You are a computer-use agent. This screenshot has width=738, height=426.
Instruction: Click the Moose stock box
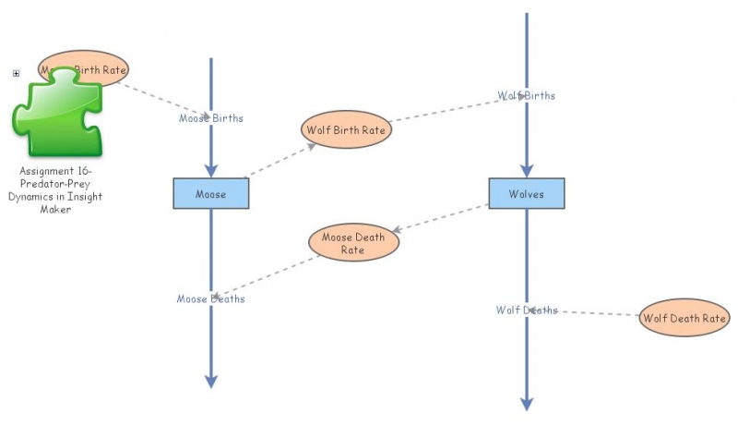click(x=211, y=194)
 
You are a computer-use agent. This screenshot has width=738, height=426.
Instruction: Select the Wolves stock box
click(x=526, y=193)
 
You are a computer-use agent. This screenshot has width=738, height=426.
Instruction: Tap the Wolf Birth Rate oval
click(x=346, y=130)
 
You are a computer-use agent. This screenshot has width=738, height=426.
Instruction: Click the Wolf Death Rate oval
click(x=684, y=318)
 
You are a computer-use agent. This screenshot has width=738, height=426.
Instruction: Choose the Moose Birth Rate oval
click(x=83, y=68)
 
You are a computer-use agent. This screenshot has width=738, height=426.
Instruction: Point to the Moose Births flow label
click(x=211, y=118)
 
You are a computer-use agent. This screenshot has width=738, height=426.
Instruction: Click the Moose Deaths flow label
click(x=211, y=298)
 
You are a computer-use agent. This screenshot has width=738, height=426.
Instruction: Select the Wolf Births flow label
click(x=527, y=95)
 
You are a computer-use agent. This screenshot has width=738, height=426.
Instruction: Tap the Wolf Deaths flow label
click(x=527, y=310)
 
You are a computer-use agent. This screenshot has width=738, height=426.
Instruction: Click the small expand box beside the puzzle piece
click(x=16, y=73)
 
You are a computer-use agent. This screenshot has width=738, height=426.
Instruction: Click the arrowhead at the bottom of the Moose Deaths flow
click(x=211, y=381)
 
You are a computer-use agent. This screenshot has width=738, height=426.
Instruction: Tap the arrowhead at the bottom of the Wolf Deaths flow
click(x=527, y=403)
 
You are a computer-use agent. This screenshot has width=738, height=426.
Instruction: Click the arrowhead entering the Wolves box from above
click(x=527, y=170)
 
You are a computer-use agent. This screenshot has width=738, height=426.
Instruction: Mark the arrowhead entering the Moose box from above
click(x=211, y=170)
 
